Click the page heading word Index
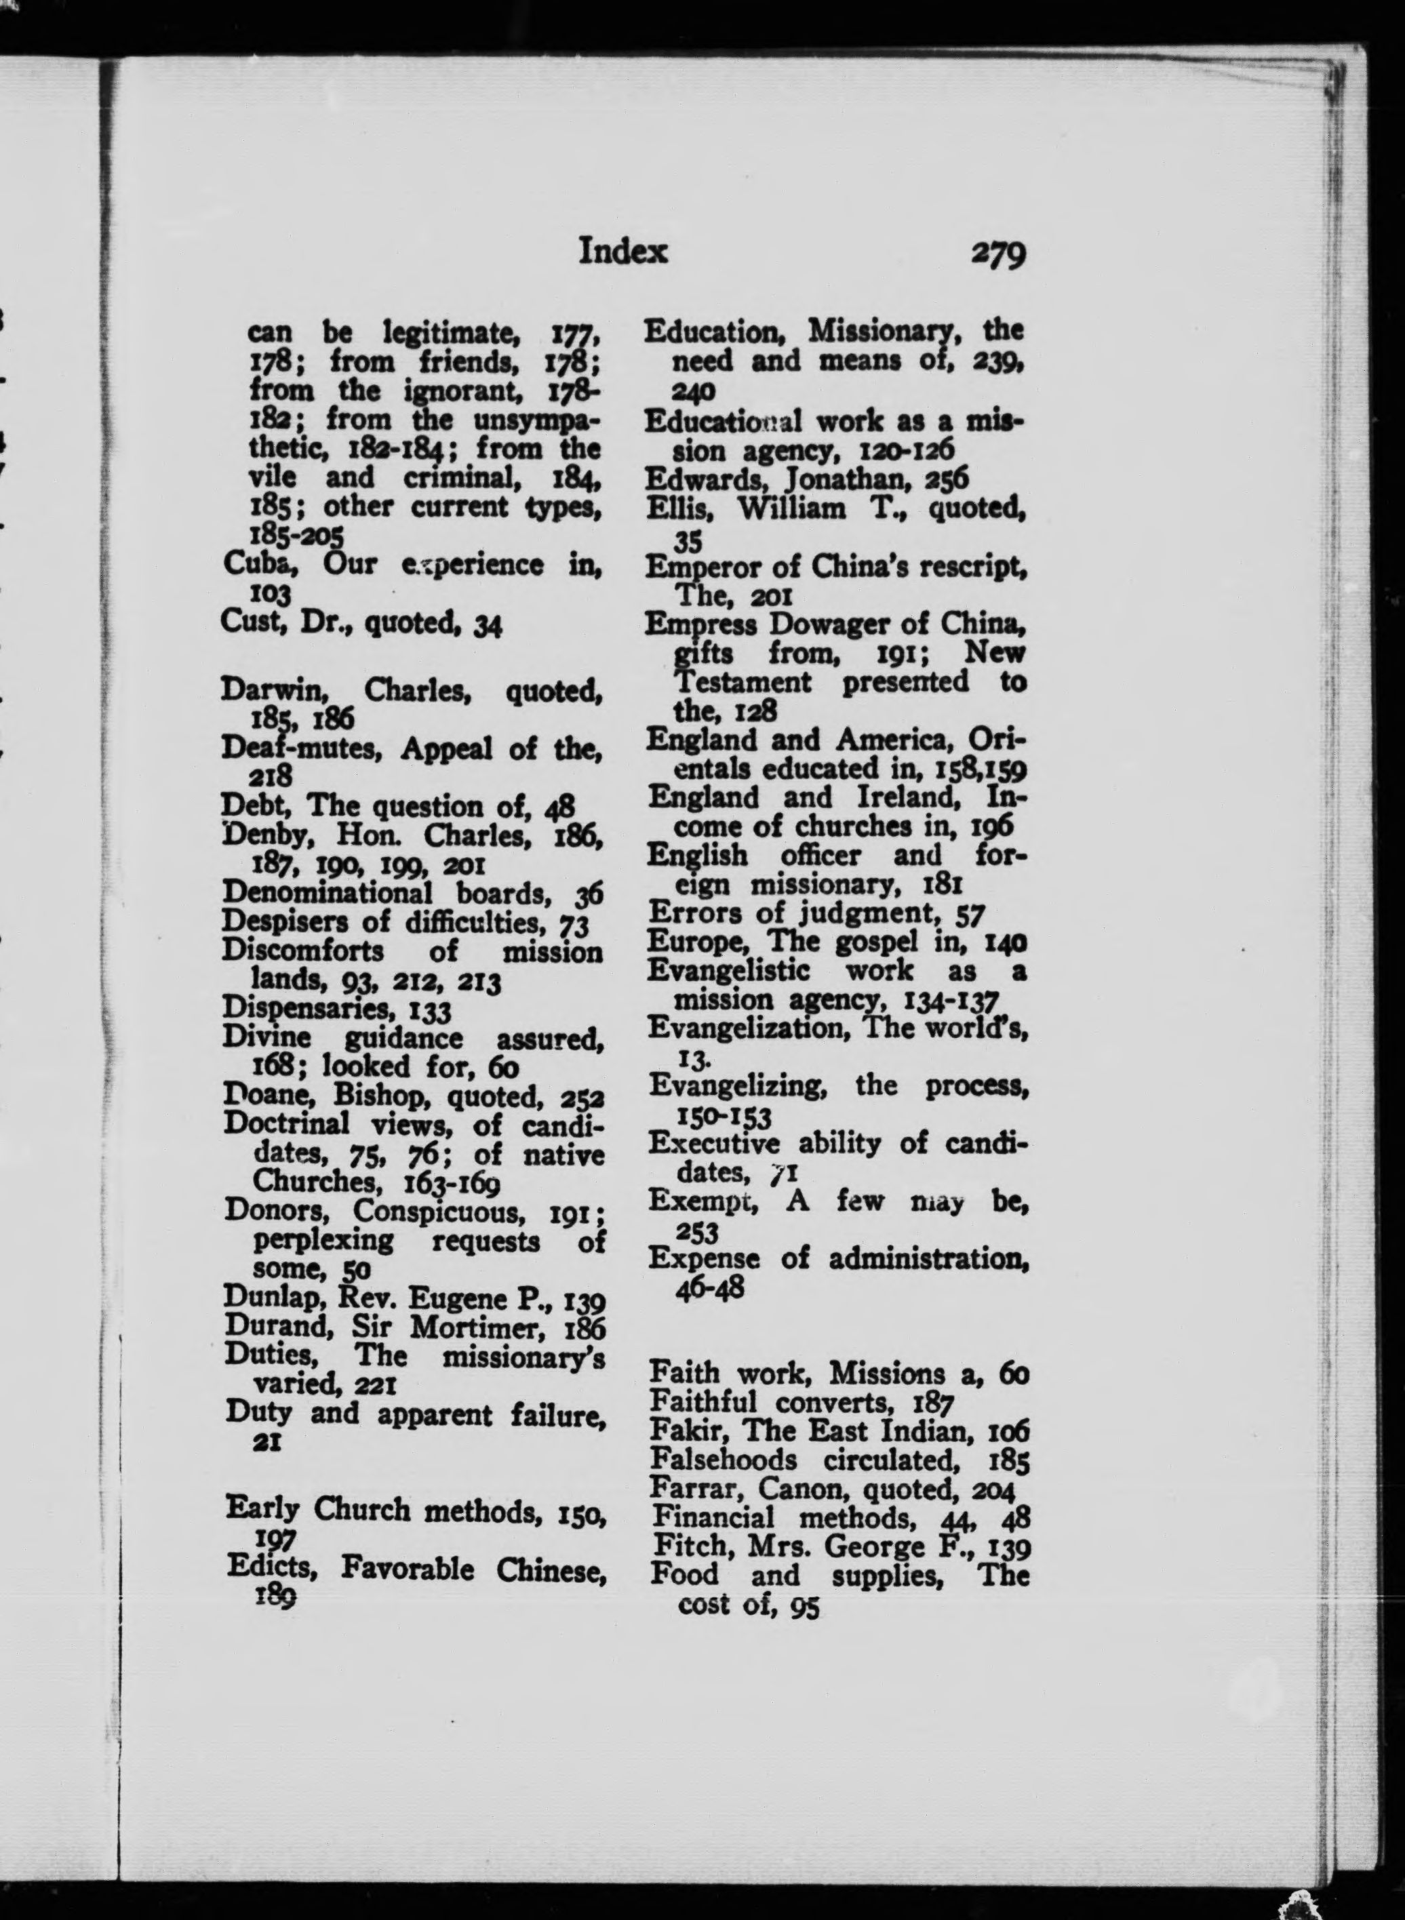coord(622,252)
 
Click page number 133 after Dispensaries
coord(431,1011)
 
